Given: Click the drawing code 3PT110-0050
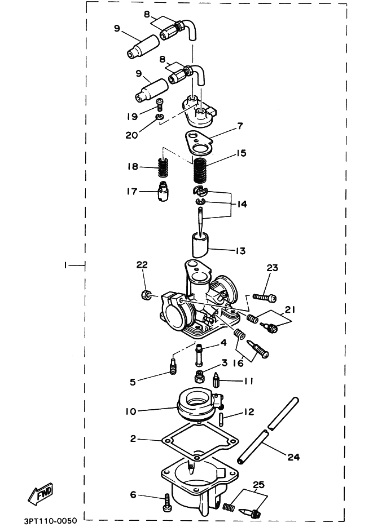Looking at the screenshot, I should click(x=50, y=519).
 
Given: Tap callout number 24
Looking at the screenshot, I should click(x=294, y=457).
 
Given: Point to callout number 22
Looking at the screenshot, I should click(x=142, y=264).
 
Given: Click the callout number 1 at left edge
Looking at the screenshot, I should click(x=66, y=264).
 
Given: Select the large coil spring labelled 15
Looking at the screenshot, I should click(x=200, y=170).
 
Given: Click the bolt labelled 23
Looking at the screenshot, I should click(x=262, y=295).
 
